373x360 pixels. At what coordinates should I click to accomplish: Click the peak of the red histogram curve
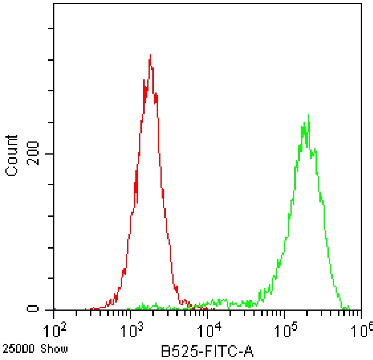150,55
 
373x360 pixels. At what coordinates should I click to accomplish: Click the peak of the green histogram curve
308,114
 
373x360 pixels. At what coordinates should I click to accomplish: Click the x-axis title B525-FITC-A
207,352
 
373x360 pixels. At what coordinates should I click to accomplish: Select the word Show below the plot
56,349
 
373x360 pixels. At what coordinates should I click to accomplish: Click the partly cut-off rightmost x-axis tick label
364,330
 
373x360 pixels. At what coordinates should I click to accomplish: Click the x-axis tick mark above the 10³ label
131,313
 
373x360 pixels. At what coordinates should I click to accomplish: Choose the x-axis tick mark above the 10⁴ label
208,313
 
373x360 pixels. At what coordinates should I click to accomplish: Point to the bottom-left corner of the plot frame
54,310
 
